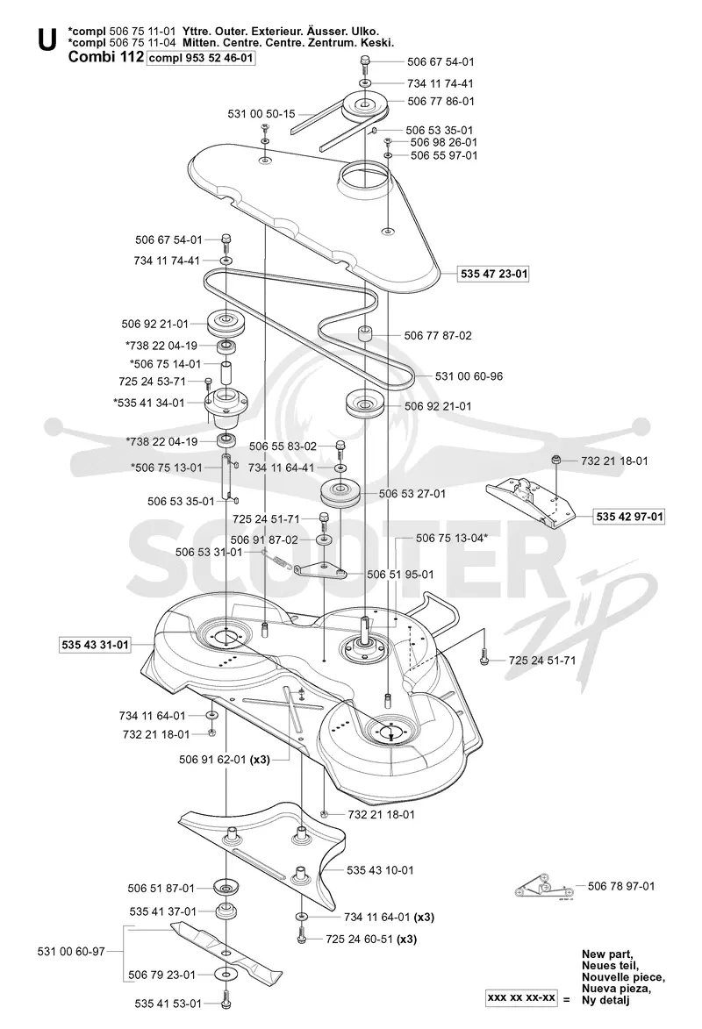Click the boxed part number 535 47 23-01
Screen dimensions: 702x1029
(x=494, y=274)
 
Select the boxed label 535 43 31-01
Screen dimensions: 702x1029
(x=96, y=645)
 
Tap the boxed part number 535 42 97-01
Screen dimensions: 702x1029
(x=630, y=517)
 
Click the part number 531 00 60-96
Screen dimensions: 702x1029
(x=469, y=376)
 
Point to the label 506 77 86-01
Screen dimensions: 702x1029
(x=441, y=101)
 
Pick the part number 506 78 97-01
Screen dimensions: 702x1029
(x=621, y=886)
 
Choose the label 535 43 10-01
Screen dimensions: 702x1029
(x=380, y=870)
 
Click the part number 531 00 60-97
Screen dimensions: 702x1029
(x=71, y=951)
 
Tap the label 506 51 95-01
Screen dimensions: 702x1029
(x=400, y=575)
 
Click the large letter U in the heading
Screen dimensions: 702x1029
(x=47, y=40)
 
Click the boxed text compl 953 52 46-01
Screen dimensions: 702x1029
(x=201, y=58)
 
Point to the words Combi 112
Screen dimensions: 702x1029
(x=105, y=57)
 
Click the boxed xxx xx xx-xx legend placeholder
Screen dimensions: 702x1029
(x=521, y=998)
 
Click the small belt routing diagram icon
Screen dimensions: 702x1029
(x=542, y=887)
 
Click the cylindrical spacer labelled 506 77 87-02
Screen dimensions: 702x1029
(x=364, y=332)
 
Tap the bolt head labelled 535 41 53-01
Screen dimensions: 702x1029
(x=226, y=1003)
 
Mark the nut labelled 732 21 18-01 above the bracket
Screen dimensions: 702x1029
(x=555, y=460)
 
